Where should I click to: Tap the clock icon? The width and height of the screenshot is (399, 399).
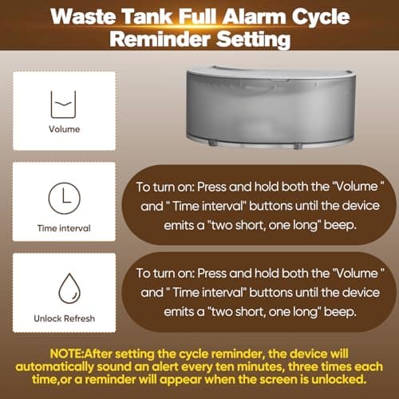tap(64, 197)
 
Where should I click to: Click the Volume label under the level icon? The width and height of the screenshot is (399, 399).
tap(64, 128)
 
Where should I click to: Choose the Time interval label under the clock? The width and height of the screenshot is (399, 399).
tap(64, 227)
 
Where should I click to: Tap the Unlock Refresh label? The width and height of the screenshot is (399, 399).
tap(64, 318)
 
